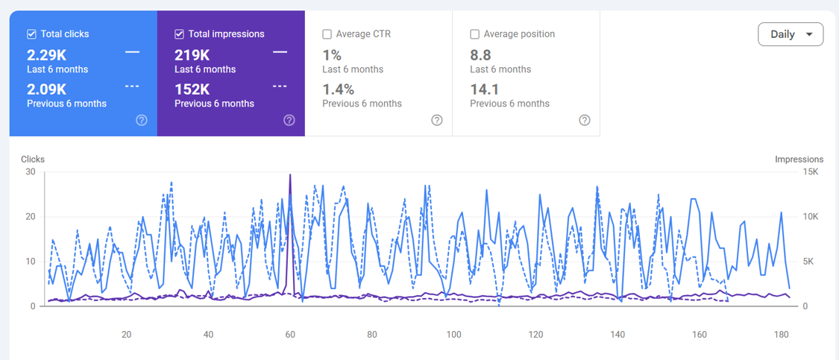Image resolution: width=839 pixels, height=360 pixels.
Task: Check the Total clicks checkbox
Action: (x=31, y=34)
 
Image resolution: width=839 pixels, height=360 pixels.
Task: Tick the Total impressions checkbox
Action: (x=179, y=34)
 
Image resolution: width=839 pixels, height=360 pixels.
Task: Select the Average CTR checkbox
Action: (x=327, y=34)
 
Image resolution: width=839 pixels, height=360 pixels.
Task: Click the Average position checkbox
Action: (x=474, y=34)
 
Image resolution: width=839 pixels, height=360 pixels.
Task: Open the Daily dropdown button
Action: (x=791, y=35)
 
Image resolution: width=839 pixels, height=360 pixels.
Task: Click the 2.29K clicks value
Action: (x=46, y=54)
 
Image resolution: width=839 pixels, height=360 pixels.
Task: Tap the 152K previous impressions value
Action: (x=191, y=89)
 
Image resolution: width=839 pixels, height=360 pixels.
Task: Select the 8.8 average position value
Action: (x=480, y=54)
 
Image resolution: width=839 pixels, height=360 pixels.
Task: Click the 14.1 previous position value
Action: (x=483, y=89)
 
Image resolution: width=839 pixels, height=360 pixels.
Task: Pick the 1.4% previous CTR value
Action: (x=338, y=89)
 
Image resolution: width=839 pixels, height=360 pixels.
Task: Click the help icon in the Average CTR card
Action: (x=437, y=120)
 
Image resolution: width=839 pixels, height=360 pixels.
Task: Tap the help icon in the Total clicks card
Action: (x=141, y=120)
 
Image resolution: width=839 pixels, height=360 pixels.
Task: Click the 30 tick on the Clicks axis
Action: (x=31, y=171)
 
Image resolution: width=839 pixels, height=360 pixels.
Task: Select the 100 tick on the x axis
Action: (x=453, y=335)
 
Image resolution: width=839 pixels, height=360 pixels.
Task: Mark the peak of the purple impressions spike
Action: (x=290, y=174)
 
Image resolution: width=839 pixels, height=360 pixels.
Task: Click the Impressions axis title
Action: (x=799, y=159)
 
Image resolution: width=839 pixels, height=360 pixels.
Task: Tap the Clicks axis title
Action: (x=33, y=159)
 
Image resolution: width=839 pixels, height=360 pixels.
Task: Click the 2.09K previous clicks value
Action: (x=46, y=89)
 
